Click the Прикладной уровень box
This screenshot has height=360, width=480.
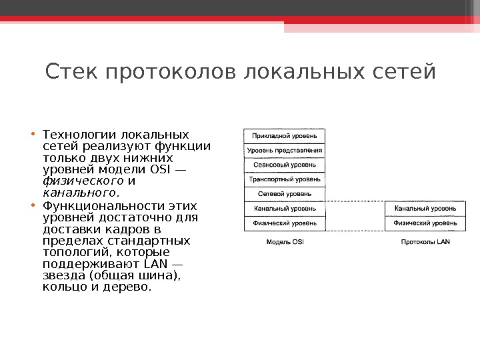tap(285, 136)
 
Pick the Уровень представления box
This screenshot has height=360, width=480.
tap(285, 150)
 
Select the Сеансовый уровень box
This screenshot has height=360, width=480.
tap(285, 165)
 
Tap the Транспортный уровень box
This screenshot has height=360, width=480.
tap(285, 179)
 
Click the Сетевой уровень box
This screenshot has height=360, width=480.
tap(285, 194)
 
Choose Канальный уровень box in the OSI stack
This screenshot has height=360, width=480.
tap(285, 209)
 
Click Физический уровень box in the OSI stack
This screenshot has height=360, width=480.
tap(285, 223)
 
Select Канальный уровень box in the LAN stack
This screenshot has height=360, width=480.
tap(425, 209)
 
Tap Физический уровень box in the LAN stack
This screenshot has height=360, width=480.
tap(425, 223)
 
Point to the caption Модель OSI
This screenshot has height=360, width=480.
tap(285, 242)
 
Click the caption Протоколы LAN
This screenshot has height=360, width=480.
tap(425, 242)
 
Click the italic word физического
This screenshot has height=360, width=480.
tap(83, 181)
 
